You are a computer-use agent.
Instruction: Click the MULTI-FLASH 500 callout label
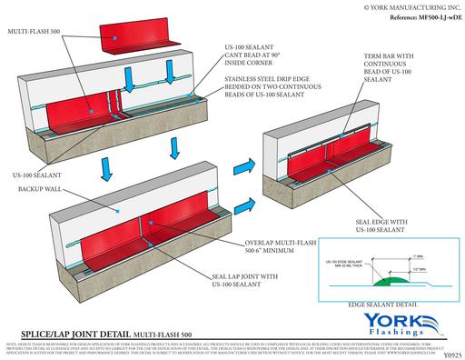[34, 30]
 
